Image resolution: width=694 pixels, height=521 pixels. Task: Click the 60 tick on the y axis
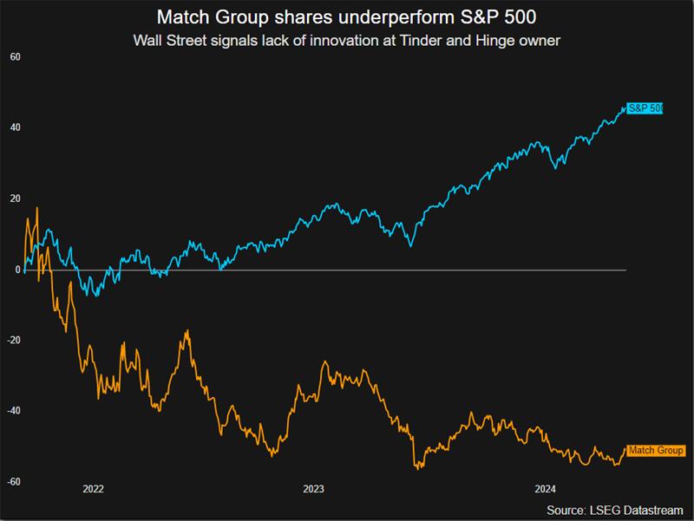16,57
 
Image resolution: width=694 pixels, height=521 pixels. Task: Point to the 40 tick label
16,128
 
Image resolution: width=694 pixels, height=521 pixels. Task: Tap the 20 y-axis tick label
16,199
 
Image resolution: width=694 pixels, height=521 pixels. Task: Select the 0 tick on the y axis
16,270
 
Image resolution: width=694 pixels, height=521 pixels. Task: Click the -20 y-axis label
14,341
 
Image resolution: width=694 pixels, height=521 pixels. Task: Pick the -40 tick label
14,411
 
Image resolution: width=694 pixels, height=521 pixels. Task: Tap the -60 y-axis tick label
14,482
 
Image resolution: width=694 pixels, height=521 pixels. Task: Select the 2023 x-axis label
313,489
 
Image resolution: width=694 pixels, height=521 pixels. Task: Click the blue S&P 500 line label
645,108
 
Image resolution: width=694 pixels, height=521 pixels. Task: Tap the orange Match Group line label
655,451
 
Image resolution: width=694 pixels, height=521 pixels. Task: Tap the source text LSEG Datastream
639,509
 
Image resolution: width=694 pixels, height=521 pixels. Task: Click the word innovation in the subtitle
346,40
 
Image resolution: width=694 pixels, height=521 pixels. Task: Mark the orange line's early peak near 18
37,209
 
